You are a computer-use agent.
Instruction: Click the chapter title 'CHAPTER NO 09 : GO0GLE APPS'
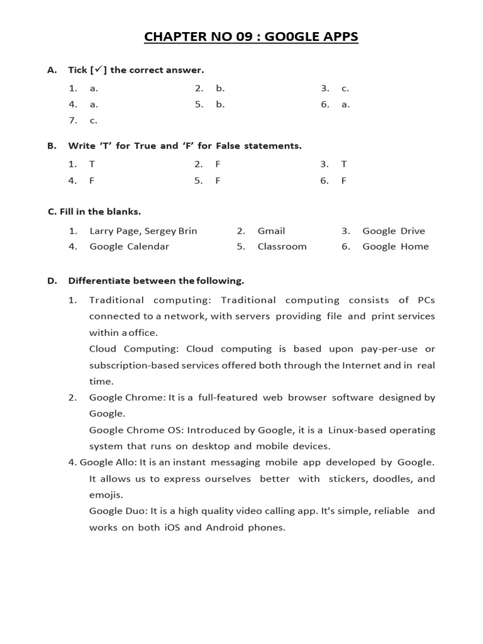pyautogui.click(x=251, y=37)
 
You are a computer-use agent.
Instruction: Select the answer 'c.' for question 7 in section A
pyautogui.click(x=94, y=120)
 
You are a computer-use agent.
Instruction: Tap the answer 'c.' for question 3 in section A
pyautogui.click(x=345, y=89)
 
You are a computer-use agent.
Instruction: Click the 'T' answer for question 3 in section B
pyautogui.click(x=344, y=164)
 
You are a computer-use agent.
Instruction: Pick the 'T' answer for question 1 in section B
pyautogui.click(x=92, y=164)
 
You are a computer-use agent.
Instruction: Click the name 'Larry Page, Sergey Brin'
pyautogui.click(x=143, y=231)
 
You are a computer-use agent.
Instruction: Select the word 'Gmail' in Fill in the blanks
pyautogui.click(x=271, y=231)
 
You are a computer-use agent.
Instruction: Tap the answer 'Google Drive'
pyautogui.click(x=394, y=231)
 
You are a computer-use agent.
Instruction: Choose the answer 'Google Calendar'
pyautogui.click(x=130, y=247)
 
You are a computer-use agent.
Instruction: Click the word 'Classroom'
pyautogui.click(x=282, y=247)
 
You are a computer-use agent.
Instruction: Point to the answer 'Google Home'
pyautogui.click(x=396, y=247)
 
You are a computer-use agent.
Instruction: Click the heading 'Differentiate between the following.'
pyautogui.click(x=156, y=280)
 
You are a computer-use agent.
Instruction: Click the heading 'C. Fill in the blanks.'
pyautogui.click(x=94, y=212)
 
